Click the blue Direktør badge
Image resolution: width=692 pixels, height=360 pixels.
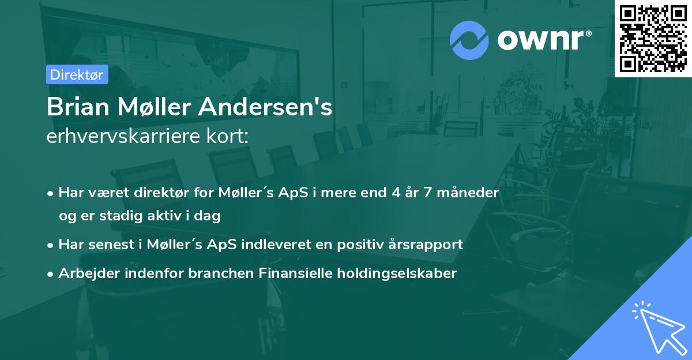click(x=77, y=74)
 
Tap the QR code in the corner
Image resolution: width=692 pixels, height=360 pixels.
click(x=653, y=38)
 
